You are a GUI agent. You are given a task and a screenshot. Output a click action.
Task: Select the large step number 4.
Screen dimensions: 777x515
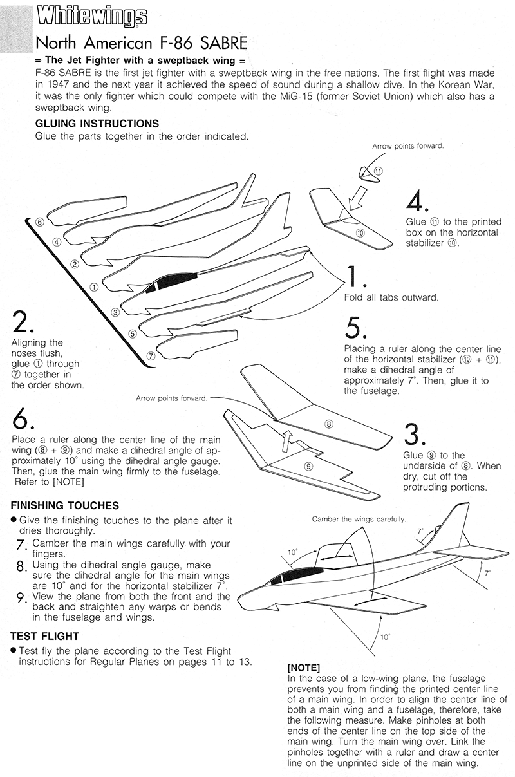pyautogui.click(x=415, y=201)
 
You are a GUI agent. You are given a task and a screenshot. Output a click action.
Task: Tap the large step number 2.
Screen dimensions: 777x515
pyautogui.click(x=20, y=321)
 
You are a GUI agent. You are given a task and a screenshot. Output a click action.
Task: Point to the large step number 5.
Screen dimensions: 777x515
pyautogui.click(x=355, y=328)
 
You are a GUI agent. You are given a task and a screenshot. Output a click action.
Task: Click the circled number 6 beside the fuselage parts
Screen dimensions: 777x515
pyautogui.click(x=40, y=222)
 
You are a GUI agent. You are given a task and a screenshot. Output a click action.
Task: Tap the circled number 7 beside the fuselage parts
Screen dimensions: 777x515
pyautogui.click(x=150, y=355)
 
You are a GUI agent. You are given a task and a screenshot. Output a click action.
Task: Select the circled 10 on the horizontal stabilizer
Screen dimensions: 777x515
pyautogui.click(x=360, y=232)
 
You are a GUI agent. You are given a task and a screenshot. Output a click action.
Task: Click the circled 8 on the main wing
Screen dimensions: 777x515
pyautogui.click(x=328, y=424)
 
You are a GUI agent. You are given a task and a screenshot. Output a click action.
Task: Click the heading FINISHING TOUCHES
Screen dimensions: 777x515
pyautogui.click(x=65, y=506)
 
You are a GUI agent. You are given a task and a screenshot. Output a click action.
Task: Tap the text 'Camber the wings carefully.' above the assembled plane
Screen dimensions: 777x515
pyautogui.click(x=359, y=519)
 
